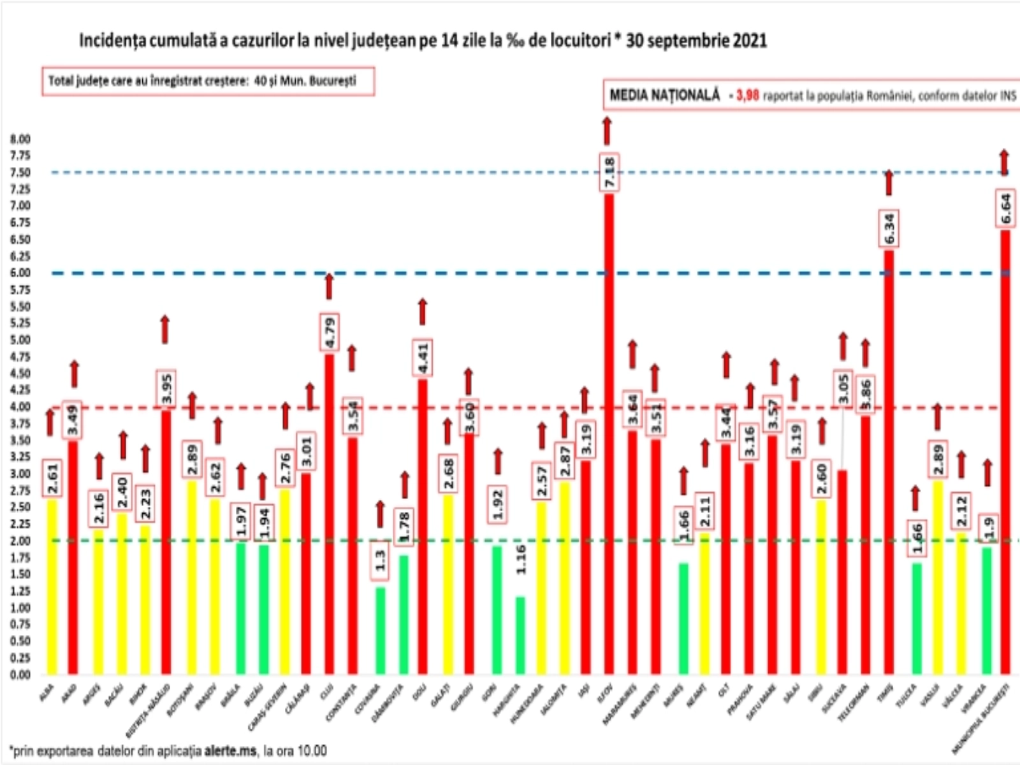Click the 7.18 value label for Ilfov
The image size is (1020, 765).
pos(609,173)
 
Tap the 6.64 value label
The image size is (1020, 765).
pos(1006,208)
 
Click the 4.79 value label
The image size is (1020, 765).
pos(330,332)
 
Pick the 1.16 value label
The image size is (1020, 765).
pos(521,560)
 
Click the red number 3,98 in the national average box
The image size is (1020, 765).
pos(748,96)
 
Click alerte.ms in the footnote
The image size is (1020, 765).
pos(231,751)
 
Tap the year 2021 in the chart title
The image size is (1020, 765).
pos(750,41)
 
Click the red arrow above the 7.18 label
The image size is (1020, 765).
pos(607,130)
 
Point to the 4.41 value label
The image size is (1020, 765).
pos(423,358)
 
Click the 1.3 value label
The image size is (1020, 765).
pos(381,560)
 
